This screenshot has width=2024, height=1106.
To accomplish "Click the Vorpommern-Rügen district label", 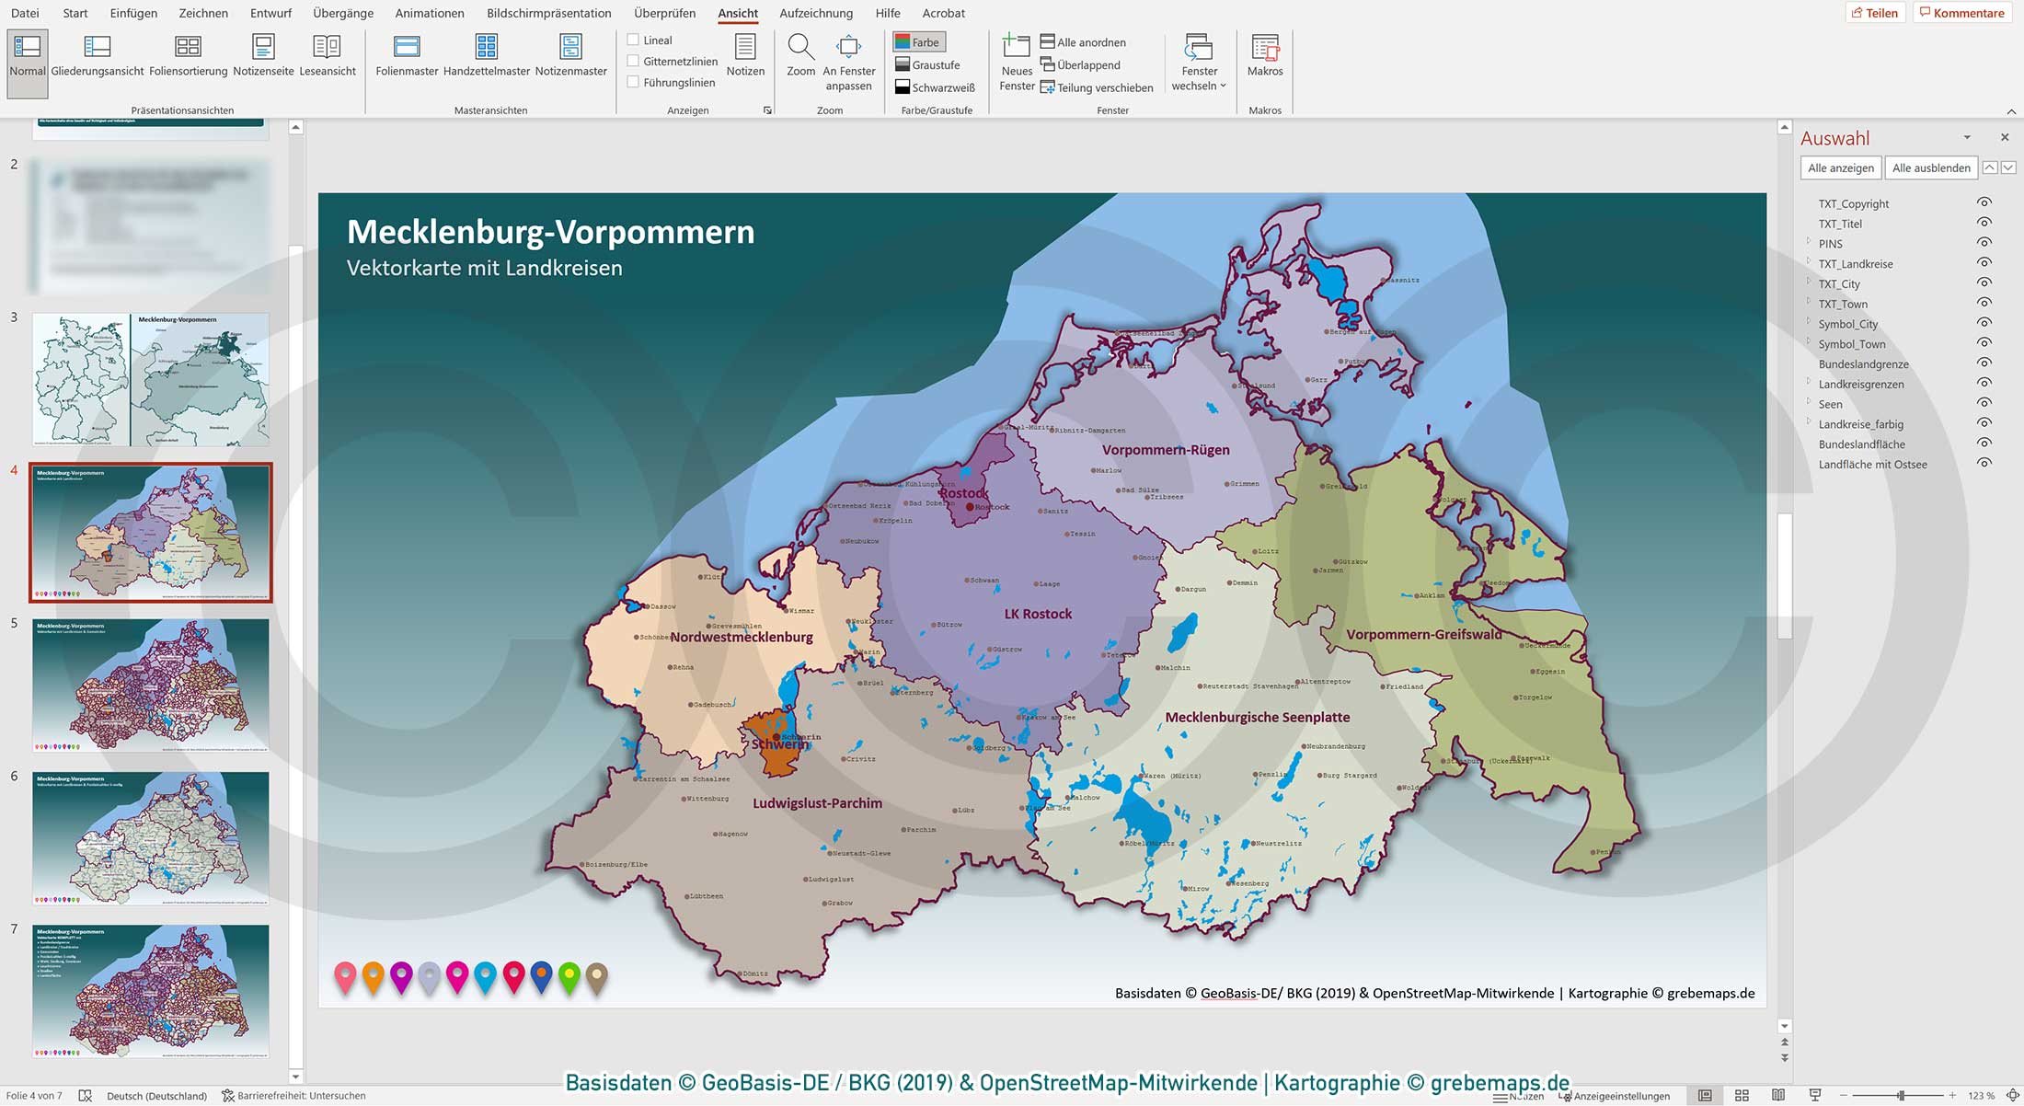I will click(x=1166, y=450).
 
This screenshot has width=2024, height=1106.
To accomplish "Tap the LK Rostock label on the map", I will click(x=1038, y=614).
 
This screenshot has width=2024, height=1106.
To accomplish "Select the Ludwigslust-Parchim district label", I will click(x=817, y=803).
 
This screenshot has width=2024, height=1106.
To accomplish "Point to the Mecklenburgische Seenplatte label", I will click(x=1257, y=717).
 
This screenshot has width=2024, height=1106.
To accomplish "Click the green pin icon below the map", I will click(x=569, y=975).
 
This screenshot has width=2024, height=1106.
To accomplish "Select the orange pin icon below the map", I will click(x=373, y=975).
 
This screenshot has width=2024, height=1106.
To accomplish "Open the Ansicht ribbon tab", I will click(x=737, y=13).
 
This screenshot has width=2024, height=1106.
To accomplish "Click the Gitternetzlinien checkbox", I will click(x=633, y=61).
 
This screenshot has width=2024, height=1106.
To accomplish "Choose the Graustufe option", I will click(x=927, y=64).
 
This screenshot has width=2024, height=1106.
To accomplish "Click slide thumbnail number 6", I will click(x=151, y=837).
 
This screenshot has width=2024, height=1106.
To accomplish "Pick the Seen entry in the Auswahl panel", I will click(x=1830, y=404).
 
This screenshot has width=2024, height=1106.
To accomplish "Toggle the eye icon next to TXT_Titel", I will click(x=1984, y=223).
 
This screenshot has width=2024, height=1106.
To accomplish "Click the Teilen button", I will click(x=1874, y=13).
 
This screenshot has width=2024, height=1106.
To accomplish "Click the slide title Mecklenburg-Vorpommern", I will click(x=550, y=232).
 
